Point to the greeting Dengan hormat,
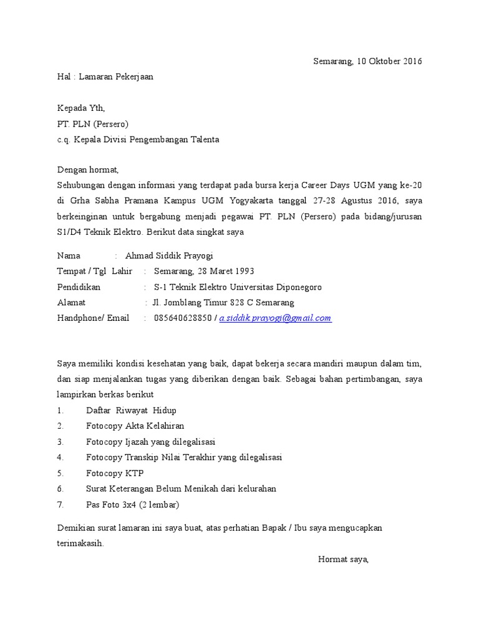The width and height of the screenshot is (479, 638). (x=87, y=169)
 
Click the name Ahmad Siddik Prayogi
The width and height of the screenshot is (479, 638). (x=173, y=255)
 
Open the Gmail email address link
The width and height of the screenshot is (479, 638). (x=275, y=318)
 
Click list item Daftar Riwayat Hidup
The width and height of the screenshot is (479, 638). (x=132, y=411)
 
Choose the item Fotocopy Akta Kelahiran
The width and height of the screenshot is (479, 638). (x=135, y=426)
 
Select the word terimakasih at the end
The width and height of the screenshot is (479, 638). (x=80, y=543)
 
